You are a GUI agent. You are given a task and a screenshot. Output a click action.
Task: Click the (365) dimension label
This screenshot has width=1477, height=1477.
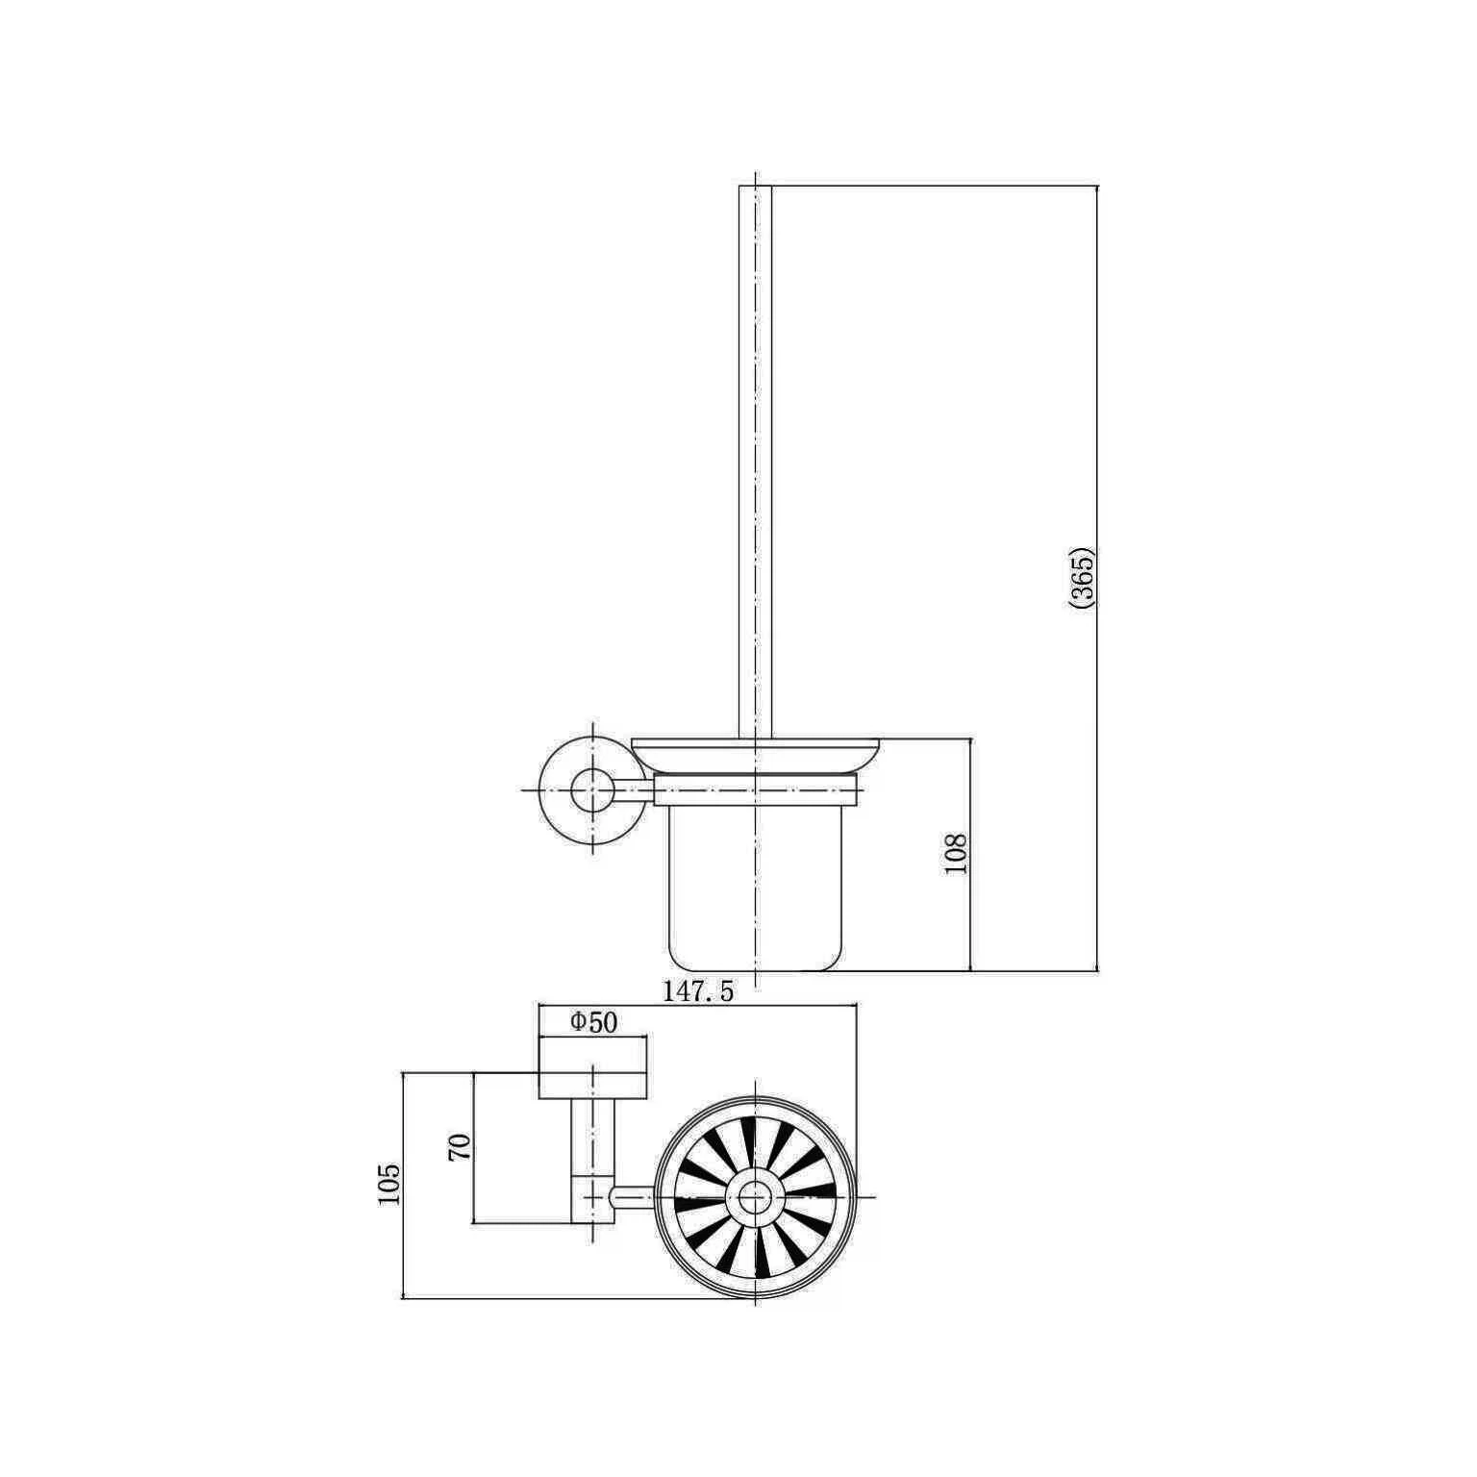point(1083,577)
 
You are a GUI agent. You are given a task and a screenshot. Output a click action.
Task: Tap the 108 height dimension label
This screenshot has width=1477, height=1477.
point(956,853)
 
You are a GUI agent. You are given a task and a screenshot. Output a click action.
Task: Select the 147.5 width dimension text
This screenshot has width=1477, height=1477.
point(698,990)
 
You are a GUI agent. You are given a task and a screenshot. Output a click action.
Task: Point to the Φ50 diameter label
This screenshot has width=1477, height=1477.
point(593,1021)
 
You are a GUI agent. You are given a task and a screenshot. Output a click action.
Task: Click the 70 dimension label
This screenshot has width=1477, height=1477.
point(461,1146)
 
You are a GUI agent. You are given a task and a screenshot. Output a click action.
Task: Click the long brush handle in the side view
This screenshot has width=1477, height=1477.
point(756,462)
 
